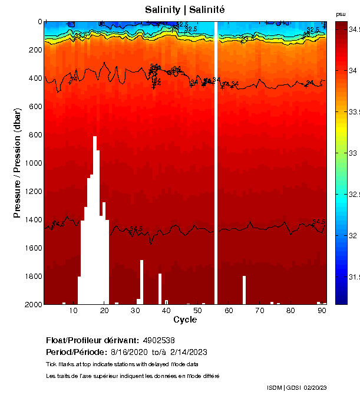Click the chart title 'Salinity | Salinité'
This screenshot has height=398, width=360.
pos(185,9)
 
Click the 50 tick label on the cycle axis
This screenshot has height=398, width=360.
pos(198,311)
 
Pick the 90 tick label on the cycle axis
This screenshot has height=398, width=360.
pos(322,311)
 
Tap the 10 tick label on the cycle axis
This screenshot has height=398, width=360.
pos(74,311)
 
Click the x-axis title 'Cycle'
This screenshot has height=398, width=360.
pos(185,320)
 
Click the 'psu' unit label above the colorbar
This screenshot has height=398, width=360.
pos(341,14)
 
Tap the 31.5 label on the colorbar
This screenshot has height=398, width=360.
pos(353,277)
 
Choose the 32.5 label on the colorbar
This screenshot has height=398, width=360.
pos(353,195)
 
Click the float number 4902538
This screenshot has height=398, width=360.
pos(158,341)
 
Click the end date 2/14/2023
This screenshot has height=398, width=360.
pos(189,352)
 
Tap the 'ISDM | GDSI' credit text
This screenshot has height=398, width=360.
pos(284,387)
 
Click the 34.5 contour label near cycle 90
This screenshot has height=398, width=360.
pos(319,222)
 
